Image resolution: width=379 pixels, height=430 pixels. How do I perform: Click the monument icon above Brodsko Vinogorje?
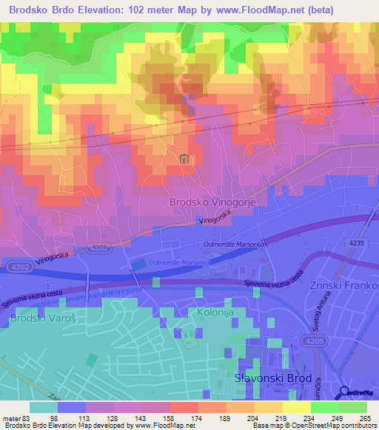(184, 157)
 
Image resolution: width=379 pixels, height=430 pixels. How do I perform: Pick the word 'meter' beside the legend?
(12, 418)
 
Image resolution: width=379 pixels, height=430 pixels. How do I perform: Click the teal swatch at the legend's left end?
(44, 406)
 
